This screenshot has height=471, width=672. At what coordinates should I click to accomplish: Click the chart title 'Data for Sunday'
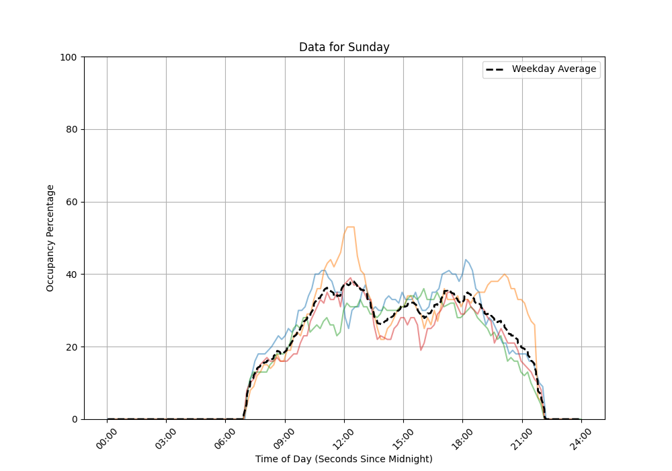point(344,47)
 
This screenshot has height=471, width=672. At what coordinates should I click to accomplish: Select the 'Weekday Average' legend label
point(554,69)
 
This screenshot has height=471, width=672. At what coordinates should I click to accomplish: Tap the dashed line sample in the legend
point(496,69)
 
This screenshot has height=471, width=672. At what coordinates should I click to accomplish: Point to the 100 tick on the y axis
point(68,57)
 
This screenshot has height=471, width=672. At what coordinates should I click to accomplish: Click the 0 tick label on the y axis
point(73,419)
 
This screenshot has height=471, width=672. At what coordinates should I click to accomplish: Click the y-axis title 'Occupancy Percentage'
point(50,238)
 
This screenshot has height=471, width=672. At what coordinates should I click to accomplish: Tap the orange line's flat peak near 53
point(350,227)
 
